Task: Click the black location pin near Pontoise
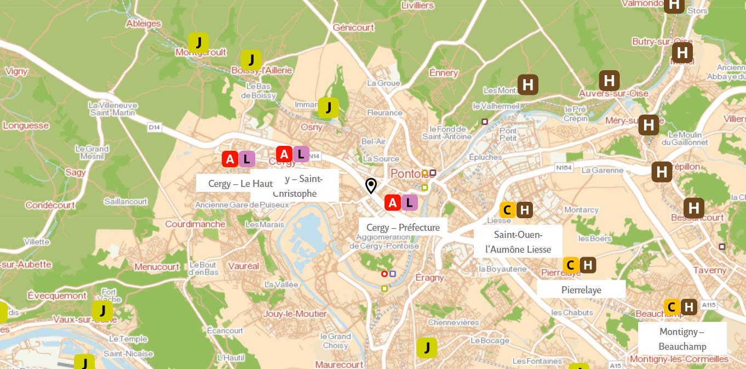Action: pyautogui.click(x=371, y=186)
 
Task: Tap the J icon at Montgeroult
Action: pyautogui.click(x=198, y=42)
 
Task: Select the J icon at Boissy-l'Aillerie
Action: pyautogui.click(x=251, y=60)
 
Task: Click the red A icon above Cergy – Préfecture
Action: pyautogui.click(x=393, y=203)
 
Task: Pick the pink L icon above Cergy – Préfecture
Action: pyautogui.click(x=409, y=203)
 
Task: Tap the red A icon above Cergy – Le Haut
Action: pyautogui.click(x=230, y=160)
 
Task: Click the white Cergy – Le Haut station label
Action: pyautogui.click(x=236, y=184)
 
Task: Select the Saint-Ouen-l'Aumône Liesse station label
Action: pyautogui.click(x=518, y=242)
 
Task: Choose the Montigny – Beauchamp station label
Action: pyautogui.click(x=682, y=339)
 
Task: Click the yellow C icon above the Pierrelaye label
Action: pyautogui.click(x=571, y=265)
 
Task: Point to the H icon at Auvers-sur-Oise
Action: pyautogui.click(x=609, y=81)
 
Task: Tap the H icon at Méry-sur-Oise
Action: pyautogui.click(x=649, y=125)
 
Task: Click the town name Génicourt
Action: pyautogui.click(x=353, y=27)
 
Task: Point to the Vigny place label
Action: pyautogui.click(x=16, y=71)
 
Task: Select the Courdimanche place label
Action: pyautogui.click(x=195, y=224)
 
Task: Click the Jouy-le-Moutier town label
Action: pyautogui.click(x=295, y=314)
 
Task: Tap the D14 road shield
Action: pyautogui.click(x=154, y=127)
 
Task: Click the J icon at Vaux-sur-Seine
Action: pyautogui.click(x=102, y=311)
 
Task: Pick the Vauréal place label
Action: pyautogui.click(x=243, y=266)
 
